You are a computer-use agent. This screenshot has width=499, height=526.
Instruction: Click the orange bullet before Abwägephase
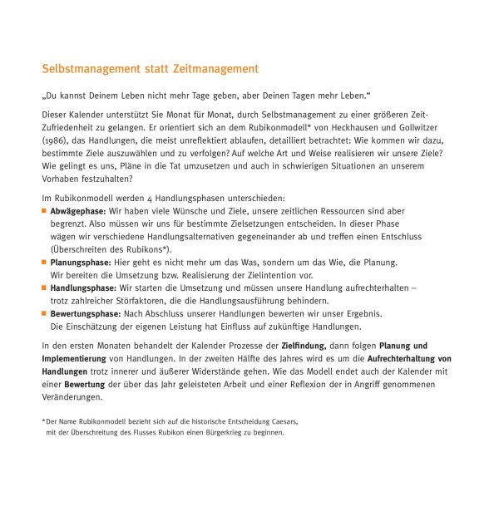pyautogui.click(x=44, y=212)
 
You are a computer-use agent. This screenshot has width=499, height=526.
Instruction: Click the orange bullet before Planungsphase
pyautogui.click(x=44, y=263)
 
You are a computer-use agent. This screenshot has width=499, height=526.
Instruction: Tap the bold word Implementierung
pyautogui.click(x=74, y=358)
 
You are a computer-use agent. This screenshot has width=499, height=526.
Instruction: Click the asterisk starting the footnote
pyautogui.click(x=43, y=420)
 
